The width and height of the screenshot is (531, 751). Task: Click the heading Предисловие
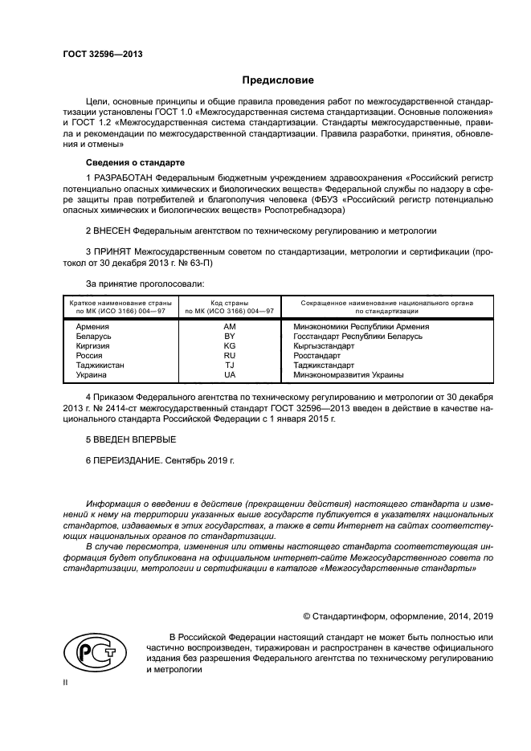[x=278, y=81]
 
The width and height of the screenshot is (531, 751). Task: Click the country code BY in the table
[x=230, y=337]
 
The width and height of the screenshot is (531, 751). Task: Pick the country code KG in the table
[x=230, y=346]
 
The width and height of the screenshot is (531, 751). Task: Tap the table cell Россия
[x=88, y=356]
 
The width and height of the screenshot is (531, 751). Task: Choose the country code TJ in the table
[x=230, y=365]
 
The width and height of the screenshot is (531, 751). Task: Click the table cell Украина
[x=91, y=375]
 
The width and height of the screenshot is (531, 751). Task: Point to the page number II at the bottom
[x=67, y=683]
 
